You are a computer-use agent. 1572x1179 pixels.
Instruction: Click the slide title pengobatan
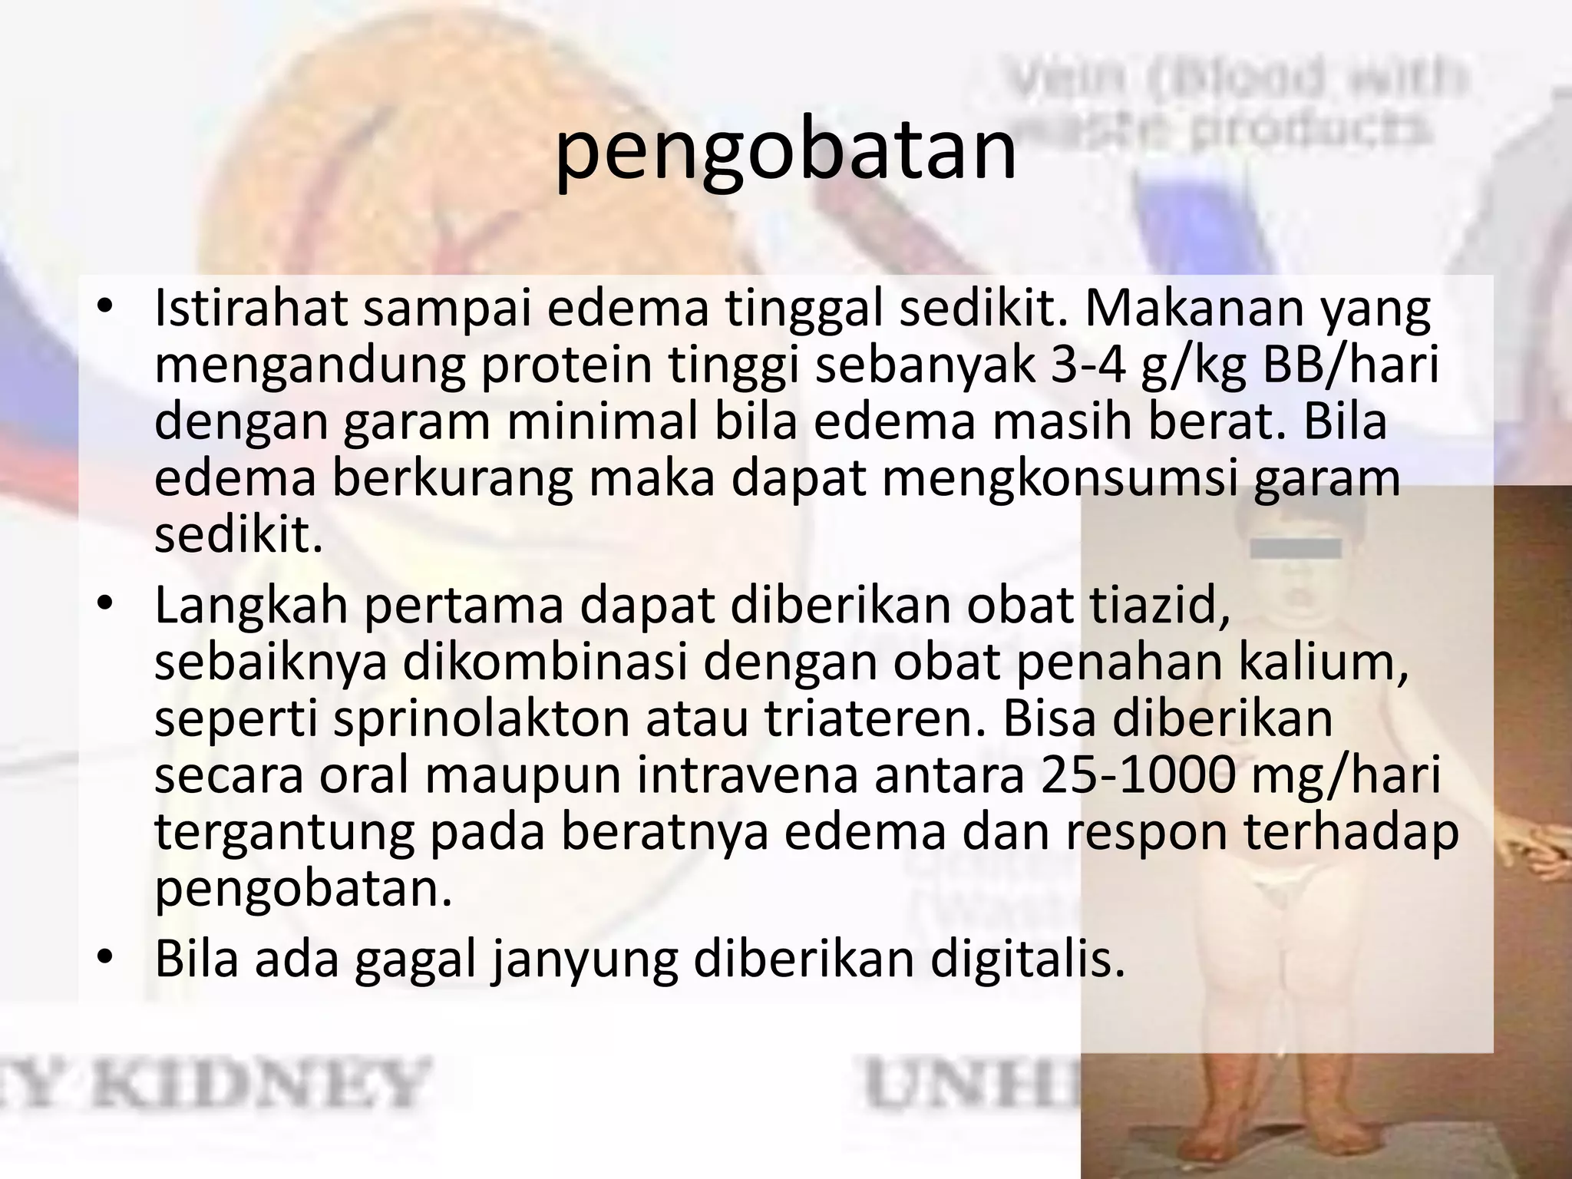coord(785,152)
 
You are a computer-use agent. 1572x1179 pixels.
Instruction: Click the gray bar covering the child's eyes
coord(1296,549)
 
